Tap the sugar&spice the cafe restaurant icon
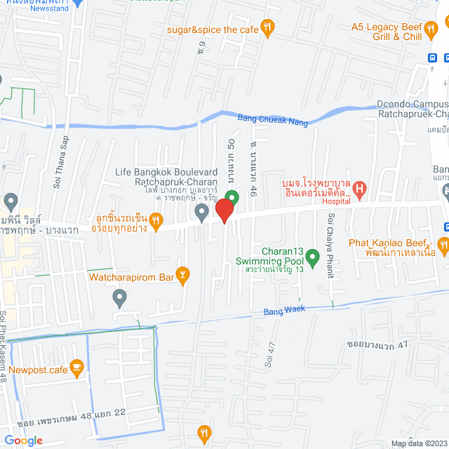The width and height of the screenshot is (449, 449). point(267,28)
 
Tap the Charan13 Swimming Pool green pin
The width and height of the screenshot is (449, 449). point(314,257)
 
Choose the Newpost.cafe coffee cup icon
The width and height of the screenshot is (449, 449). point(76,366)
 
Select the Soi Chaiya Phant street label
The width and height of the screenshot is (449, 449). point(329,245)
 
